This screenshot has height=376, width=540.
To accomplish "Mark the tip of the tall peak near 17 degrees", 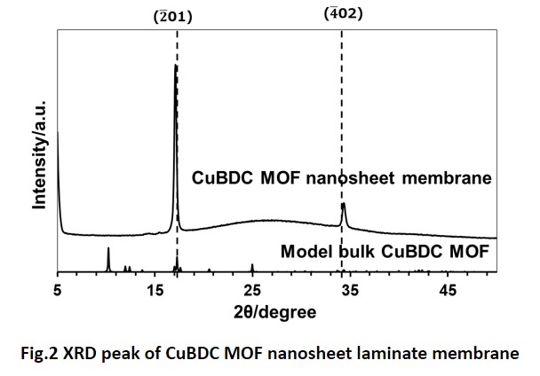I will point(175,66).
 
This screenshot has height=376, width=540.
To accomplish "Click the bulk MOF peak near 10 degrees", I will point(108,249).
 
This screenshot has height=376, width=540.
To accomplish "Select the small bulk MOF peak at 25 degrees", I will point(252,265).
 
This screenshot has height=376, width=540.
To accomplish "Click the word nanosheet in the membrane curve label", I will point(360,177).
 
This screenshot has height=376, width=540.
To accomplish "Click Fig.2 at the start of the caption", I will point(44,354).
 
